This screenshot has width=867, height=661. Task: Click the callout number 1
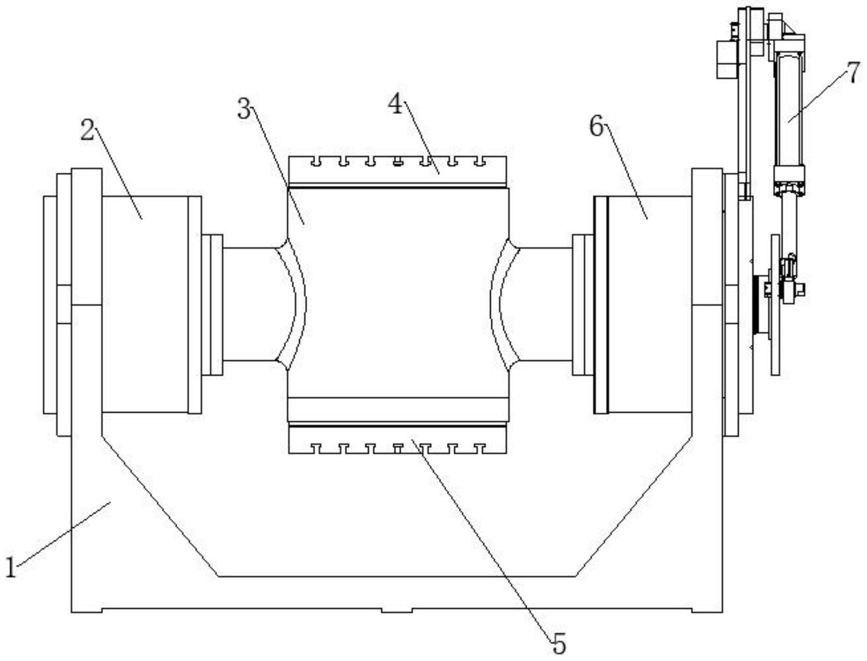coord(11,567)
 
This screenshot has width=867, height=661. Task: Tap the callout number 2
coord(88,130)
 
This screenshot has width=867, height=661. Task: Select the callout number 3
coord(244,109)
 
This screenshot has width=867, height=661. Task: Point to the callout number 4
coord(395,104)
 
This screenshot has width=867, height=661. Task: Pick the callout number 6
coord(597,126)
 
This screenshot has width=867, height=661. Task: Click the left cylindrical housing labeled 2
coord(145,304)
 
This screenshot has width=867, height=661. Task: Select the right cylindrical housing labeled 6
coord(649,304)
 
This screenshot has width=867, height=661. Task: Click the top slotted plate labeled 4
coord(398,170)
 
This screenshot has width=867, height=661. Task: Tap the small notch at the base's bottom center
coord(397,610)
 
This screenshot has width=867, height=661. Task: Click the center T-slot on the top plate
coord(398,162)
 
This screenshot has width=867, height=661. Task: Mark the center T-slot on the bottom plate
coord(398,448)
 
